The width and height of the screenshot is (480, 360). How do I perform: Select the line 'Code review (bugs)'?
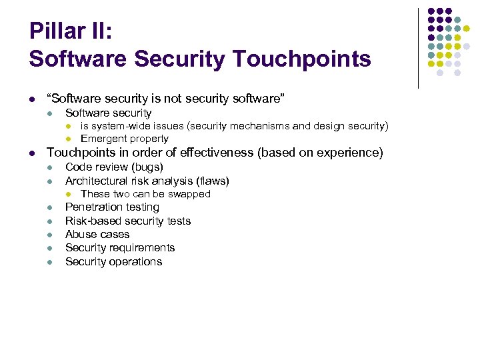tap(114, 167)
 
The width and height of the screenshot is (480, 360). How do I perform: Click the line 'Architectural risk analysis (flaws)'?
tap(147, 181)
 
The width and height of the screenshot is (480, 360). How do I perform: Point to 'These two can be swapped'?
tap(145, 194)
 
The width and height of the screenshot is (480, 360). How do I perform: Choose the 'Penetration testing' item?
tap(112, 207)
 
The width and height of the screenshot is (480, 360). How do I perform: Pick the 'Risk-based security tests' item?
tap(128, 221)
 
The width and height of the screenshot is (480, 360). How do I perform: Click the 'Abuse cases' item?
tap(97, 234)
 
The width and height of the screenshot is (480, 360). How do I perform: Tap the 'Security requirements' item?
tap(120, 247)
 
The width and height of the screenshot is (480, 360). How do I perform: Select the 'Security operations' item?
tap(113, 261)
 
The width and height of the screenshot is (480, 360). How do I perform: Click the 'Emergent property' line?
tap(125, 139)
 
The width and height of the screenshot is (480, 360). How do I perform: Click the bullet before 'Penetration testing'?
tap(49, 208)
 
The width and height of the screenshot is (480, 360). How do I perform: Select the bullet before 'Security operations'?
tap(49, 262)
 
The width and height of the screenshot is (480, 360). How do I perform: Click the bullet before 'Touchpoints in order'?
tap(33, 153)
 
